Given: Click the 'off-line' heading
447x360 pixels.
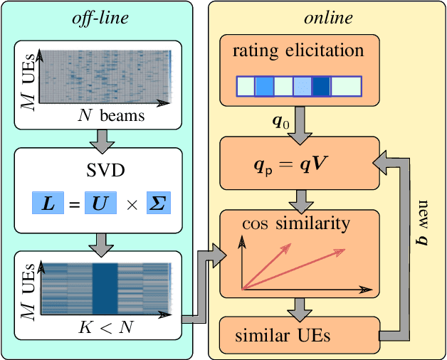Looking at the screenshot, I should tap(100, 18).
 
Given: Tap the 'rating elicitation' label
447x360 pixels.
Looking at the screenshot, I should tap(298, 51).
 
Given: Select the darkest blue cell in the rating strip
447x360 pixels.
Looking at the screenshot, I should tap(321, 86).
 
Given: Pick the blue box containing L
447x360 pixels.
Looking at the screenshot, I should tap(48, 204).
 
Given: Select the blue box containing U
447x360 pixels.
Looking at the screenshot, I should tap(100, 204).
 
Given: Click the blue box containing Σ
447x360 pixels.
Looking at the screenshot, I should tap(158, 204).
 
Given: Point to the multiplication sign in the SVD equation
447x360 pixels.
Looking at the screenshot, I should tap(130, 205).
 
